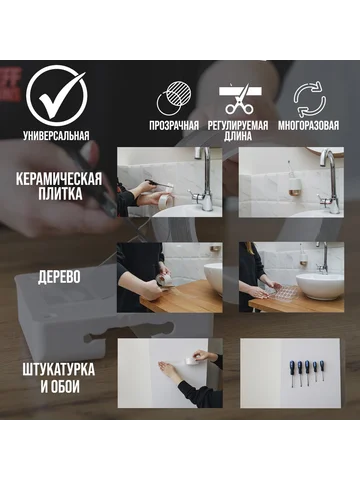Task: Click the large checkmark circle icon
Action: click(x=57, y=96)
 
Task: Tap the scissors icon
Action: click(x=240, y=99)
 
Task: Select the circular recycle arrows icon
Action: click(x=309, y=99)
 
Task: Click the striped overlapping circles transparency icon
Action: click(x=175, y=98)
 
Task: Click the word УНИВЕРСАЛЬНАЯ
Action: click(x=56, y=136)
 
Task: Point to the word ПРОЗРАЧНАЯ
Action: click(x=174, y=126)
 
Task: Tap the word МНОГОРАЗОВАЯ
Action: click(x=308, y=126)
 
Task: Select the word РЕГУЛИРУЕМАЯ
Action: click(x=238, y=126)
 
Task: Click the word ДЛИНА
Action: click(x=238, y=136)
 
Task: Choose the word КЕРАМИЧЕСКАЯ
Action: click(x=59, y=179)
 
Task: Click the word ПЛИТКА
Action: click(x=60, y=194)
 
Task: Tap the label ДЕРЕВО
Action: click(x=59, y=277)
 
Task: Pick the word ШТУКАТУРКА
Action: click(x=59, y=370)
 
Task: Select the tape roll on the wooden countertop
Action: click(x=165, y=280)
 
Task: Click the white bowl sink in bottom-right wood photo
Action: click(x=319, y=286)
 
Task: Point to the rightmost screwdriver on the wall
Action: click(x=322, y=370)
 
